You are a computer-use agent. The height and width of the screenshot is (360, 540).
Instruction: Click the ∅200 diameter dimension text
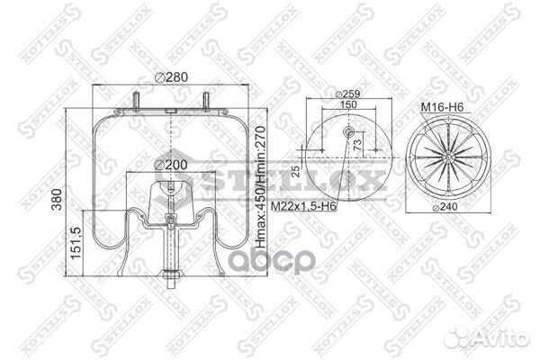(x=171, y=165)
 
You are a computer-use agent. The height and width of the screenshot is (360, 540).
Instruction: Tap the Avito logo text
(x=500, y=337)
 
